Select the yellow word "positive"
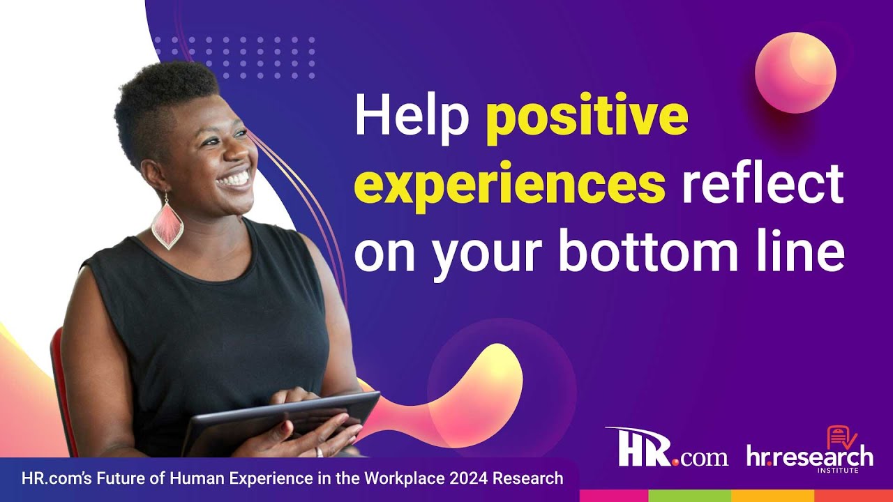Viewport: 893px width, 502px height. (587, 119)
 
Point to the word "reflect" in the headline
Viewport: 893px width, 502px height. (763, 183)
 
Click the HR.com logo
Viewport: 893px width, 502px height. (666, 447)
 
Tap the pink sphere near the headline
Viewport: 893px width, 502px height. (795, 73)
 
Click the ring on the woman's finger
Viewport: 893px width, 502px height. (319, 452)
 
